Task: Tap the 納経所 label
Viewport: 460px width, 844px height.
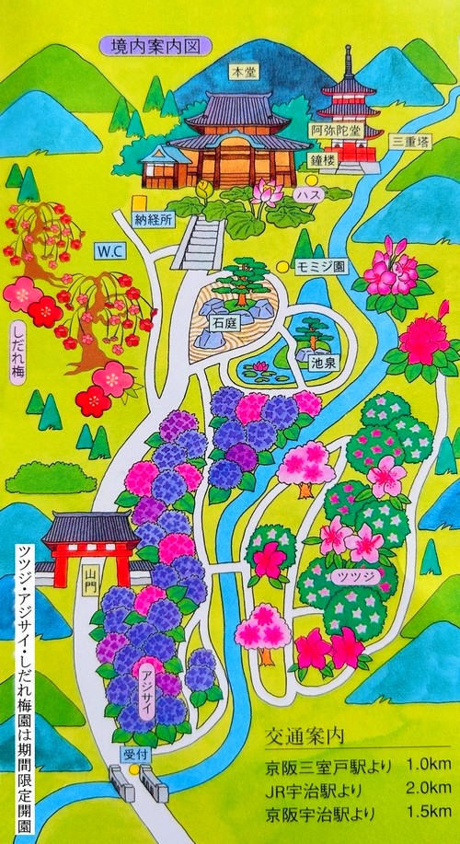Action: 154,220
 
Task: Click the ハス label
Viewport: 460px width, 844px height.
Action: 305,196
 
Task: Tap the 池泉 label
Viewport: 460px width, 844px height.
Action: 320,362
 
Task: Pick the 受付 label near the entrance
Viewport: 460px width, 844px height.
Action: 134,752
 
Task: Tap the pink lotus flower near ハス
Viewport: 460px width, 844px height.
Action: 268,191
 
